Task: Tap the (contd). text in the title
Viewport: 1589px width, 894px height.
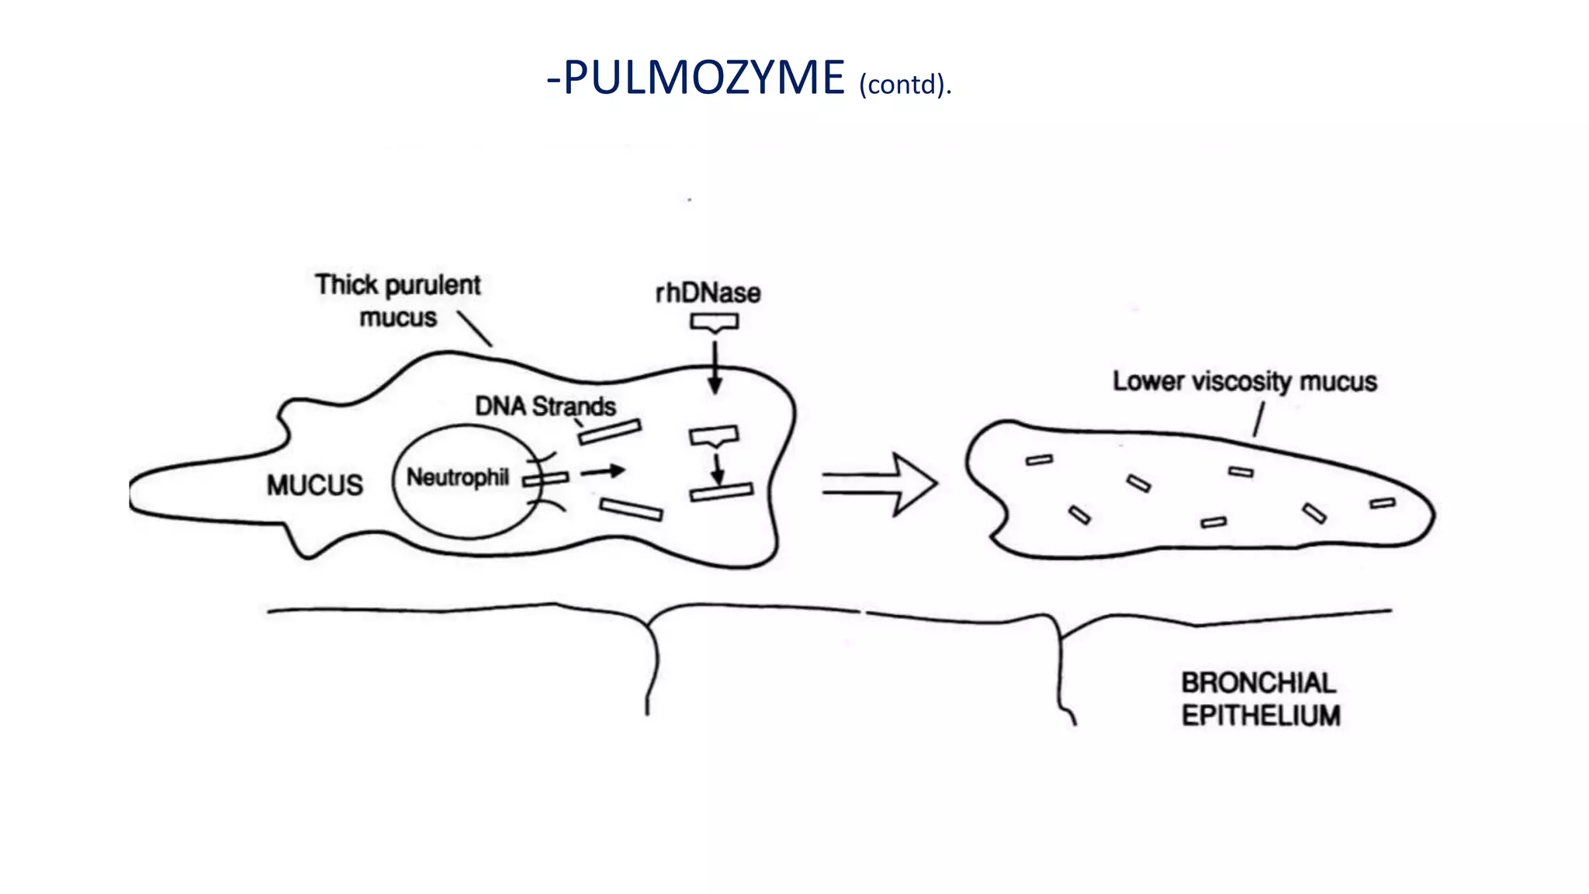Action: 905,84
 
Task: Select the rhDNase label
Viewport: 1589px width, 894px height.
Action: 708,293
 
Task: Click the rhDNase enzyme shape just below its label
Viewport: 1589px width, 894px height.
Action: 715,322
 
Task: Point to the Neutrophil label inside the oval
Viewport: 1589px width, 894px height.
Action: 458,477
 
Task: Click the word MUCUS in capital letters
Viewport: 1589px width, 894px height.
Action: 315,486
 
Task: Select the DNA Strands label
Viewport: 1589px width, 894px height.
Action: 545,406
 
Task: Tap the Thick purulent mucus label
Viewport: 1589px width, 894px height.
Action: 398,301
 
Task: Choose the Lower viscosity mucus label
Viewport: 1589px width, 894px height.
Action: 1245,381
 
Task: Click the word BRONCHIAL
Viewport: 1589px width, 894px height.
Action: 1258,683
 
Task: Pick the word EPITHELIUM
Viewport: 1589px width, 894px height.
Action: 1261,716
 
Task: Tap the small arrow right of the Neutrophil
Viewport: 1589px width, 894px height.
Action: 603,471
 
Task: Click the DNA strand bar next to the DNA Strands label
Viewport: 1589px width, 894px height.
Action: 610,432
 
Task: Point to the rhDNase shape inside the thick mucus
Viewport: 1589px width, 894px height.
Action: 714,436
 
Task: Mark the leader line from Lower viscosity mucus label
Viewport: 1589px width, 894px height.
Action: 1258,419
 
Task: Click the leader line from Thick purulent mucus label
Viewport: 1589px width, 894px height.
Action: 474,329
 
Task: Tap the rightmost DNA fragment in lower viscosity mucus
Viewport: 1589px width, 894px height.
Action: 1383,504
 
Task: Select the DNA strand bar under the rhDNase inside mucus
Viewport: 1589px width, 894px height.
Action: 722,492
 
